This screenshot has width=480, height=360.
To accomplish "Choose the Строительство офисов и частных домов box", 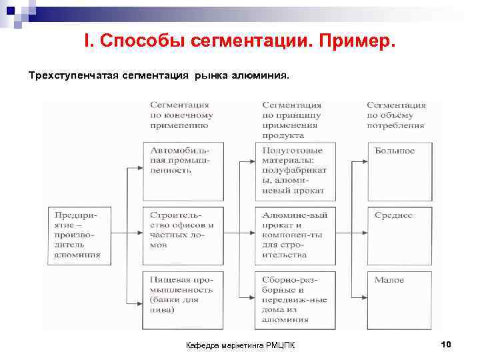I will coord(183,235).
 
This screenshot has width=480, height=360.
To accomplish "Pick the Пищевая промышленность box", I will coord(183,299).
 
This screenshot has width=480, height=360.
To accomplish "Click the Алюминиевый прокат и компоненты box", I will coord(295,235).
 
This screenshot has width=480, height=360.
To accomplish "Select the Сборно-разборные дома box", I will coord(295,299).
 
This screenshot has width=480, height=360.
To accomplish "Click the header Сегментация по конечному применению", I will coord(179,115).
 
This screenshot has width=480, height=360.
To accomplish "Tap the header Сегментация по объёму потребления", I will coord(396,115).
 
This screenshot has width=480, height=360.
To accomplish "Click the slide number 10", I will coord(447,344).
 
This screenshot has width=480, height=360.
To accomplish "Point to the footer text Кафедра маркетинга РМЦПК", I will coord(243,345).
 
